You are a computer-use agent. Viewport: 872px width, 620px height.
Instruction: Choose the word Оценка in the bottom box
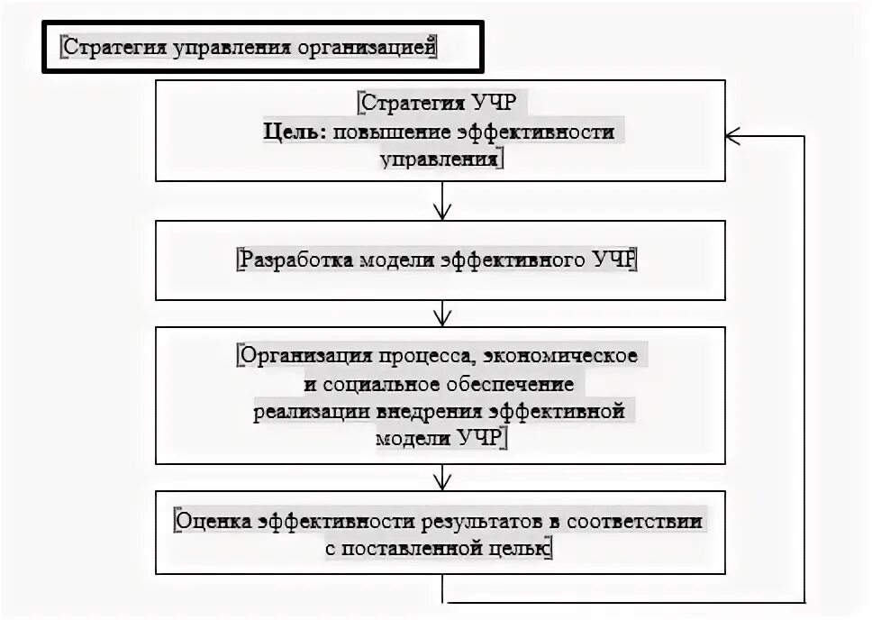coord(213,520)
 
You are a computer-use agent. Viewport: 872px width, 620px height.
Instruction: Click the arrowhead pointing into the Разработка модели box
coord(441,214)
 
